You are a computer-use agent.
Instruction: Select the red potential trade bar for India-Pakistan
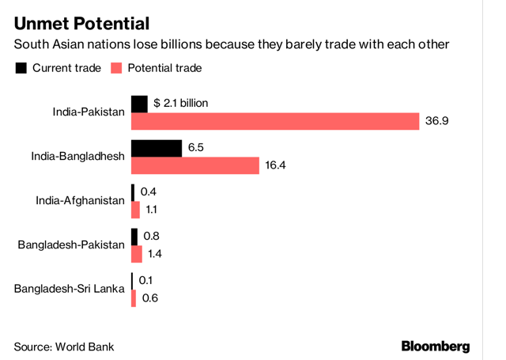pyautogui.click(x=274, y=121)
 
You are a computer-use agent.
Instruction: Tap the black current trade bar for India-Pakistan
pyautogui.click(x=139, y=104)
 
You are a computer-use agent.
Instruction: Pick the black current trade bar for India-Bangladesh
pyautogui.click(x=156, y=148)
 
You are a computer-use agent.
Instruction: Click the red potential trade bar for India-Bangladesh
pyautogui.click(x=194, y=165)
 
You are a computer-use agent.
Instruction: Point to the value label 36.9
pyautogui.click(x=437, y=121)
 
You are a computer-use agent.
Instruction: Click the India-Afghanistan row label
pyautogui.click(x=80, y=200)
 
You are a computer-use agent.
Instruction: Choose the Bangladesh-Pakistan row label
pyautogui.click(x=71, y=244)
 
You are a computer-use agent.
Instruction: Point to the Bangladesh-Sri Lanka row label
pyautogui.click(x=70, y=289)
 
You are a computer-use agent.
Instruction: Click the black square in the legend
pyautogui.click(x=21, y=68)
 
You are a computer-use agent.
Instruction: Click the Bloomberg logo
pyautogui.click(x=436, y=346)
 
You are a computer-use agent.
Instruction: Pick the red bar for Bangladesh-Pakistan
pyautogui.click(x=136, y=254)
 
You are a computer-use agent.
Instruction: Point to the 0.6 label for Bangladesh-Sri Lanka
pyautogui.click(x=148, y=298)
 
